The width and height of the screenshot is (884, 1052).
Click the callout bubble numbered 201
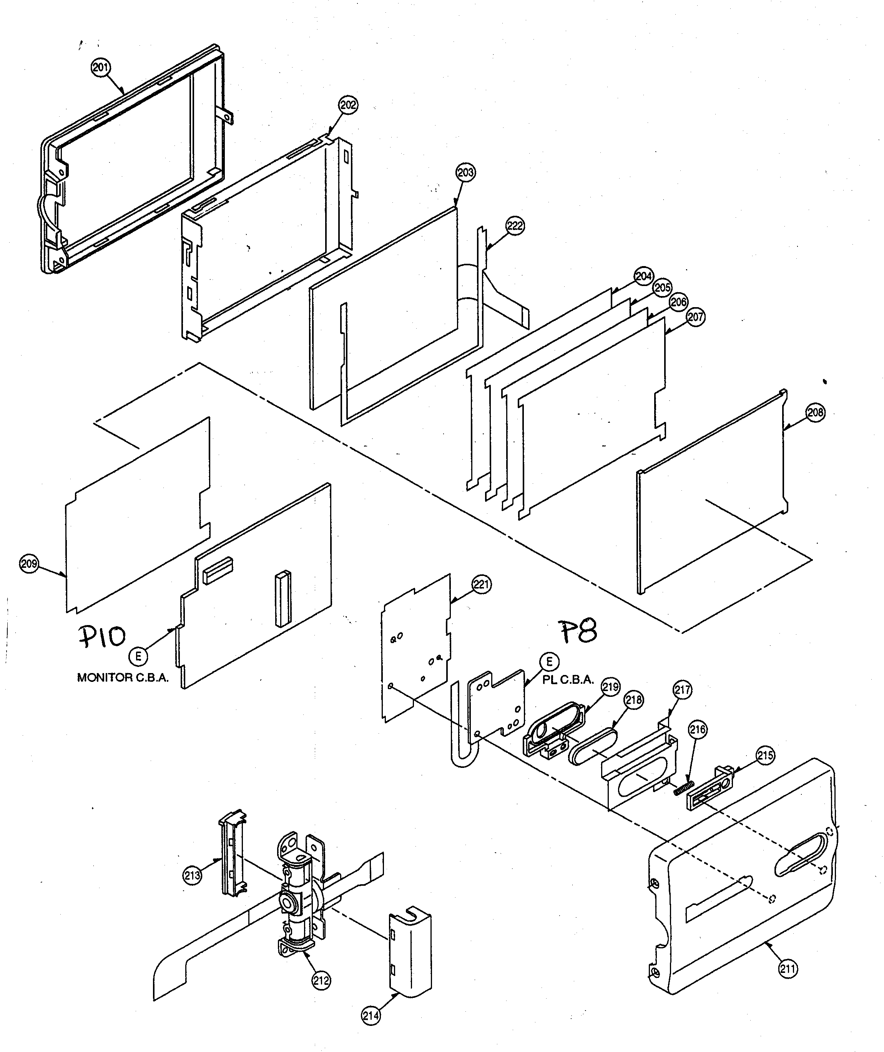coord(101,68)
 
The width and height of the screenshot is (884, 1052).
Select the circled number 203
coord(465,172)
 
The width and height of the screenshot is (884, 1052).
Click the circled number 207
coord(695,317)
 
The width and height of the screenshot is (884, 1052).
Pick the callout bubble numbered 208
coord(815,412)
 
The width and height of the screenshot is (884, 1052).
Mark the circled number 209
coord(28,564)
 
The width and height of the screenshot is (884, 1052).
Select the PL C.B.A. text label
coord(568,680)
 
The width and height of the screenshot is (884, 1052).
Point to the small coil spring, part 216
coord(683,788)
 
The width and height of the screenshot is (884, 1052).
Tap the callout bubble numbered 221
coord(481,585)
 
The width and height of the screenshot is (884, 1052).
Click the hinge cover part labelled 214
coord(410,954)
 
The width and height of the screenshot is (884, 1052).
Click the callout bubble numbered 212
coord(321,980)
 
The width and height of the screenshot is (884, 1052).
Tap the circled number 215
coord(765,755)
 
